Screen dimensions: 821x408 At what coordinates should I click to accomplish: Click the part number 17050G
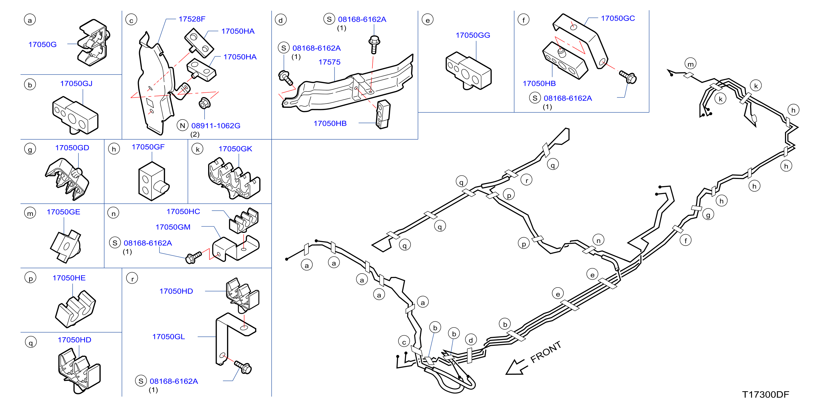pyautogui.click(x=42, y=44)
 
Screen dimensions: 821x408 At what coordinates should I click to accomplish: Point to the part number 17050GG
pyautogui.click(x=473, y=35)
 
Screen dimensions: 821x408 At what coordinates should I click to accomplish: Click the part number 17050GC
pyautogui.click(x=618, y=18)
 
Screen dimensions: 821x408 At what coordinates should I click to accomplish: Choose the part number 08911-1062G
pyautogui.click(x=216, y=126)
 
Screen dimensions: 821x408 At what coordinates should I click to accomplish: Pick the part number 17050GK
pyautogui.click(x=235, y=148)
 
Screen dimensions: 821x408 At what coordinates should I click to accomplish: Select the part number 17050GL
pyautogui.click(x=168, y=337)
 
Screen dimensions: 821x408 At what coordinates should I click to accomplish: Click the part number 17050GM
pyautogui.click(x=173, y=227)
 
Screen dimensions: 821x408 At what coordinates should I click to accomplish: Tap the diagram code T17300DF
pyautogui.click(x=765, y=395)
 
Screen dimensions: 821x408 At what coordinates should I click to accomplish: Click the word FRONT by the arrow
pyautogui.click(x=546, y=352)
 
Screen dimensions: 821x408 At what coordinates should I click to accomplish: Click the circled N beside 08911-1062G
pyautogui.click(x=182, y=126)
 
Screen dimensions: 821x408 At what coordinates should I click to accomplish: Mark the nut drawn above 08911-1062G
pyautogui.click(x=204, y=103)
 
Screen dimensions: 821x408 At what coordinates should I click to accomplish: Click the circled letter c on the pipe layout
pyautogui.click(x=404, y=342)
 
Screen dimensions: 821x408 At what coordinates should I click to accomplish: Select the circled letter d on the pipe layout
pyautogui.click(x=471, y=340)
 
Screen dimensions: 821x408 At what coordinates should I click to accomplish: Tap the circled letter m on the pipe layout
pyautogui.click(x=690, y=64)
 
